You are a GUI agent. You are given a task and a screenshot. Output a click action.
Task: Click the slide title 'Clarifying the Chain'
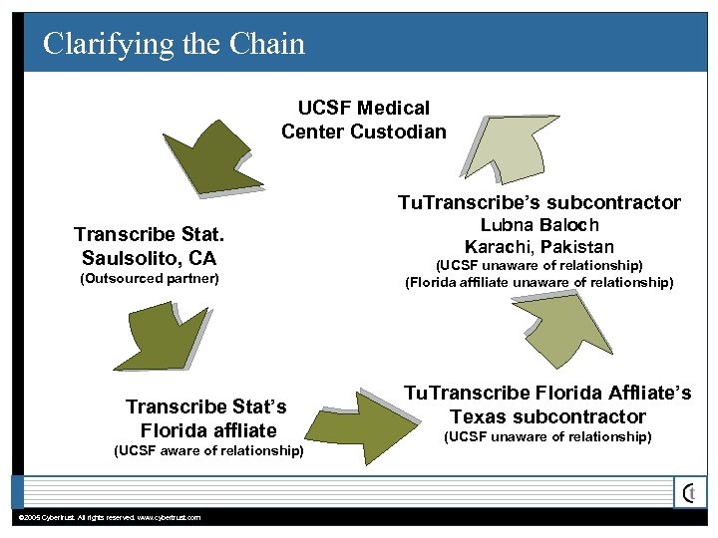(175, 44)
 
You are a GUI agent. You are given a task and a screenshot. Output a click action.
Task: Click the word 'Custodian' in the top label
(399, 132)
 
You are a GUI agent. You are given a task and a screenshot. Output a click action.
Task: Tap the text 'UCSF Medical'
(364, 108)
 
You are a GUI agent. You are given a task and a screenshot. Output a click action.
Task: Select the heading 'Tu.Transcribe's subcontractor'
(539, 202)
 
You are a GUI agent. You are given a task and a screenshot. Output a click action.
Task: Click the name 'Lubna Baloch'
(539, 225)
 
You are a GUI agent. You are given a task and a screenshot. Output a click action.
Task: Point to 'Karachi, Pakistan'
(539, 246)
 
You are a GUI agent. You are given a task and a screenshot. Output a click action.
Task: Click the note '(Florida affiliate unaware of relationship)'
(539, 283)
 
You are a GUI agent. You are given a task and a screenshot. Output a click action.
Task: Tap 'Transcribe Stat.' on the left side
(150, 236)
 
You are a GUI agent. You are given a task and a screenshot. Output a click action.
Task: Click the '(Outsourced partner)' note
(149, 279)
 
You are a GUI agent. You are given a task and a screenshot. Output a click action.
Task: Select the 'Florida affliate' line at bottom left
(208, 430)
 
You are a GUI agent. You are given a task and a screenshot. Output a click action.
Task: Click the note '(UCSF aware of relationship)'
(209, 450)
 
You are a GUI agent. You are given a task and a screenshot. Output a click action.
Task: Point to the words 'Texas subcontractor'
(547, 416)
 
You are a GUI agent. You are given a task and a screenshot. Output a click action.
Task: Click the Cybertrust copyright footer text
(110, 517)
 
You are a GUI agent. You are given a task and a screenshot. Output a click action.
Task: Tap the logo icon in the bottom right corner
(690, 492)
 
